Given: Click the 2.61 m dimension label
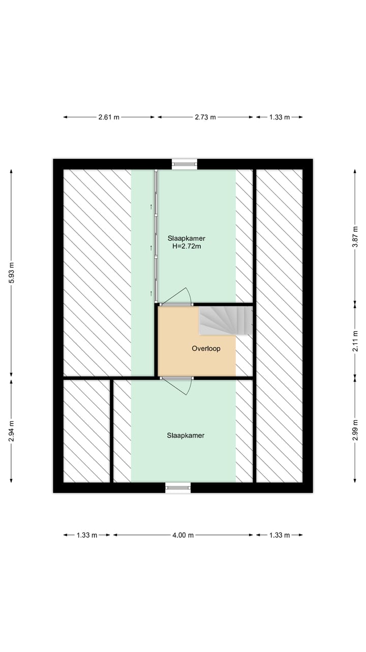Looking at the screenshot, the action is tap(109, 117).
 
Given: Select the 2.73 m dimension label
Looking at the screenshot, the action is tap(205, 117).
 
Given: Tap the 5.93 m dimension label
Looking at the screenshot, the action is tap(11, 273).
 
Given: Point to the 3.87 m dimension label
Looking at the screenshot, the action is tap(355, 237).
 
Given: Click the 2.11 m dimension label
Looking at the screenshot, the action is tap(355, 341).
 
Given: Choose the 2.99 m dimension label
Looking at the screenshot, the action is tap(355, 430).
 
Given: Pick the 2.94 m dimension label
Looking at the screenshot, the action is tap(11, 431).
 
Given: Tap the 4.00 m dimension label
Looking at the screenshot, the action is tap(183, 535).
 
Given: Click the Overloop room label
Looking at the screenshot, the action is tap(206, 348).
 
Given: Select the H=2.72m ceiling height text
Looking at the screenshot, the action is tap(187, 246).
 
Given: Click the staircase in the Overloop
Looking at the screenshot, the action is tap(225, 320).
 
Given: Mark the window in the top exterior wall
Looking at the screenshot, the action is tap(185, 164).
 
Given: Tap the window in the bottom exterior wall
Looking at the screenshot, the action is tap(178, 487).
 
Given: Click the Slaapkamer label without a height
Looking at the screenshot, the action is tap(186, 436).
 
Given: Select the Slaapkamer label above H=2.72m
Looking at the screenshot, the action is tap(187, 238).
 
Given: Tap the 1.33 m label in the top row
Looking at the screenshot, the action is tap(280, 117).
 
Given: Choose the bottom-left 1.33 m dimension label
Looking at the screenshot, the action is tap(87, 535).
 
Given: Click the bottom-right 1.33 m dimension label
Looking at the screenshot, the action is tap(280, 535).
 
